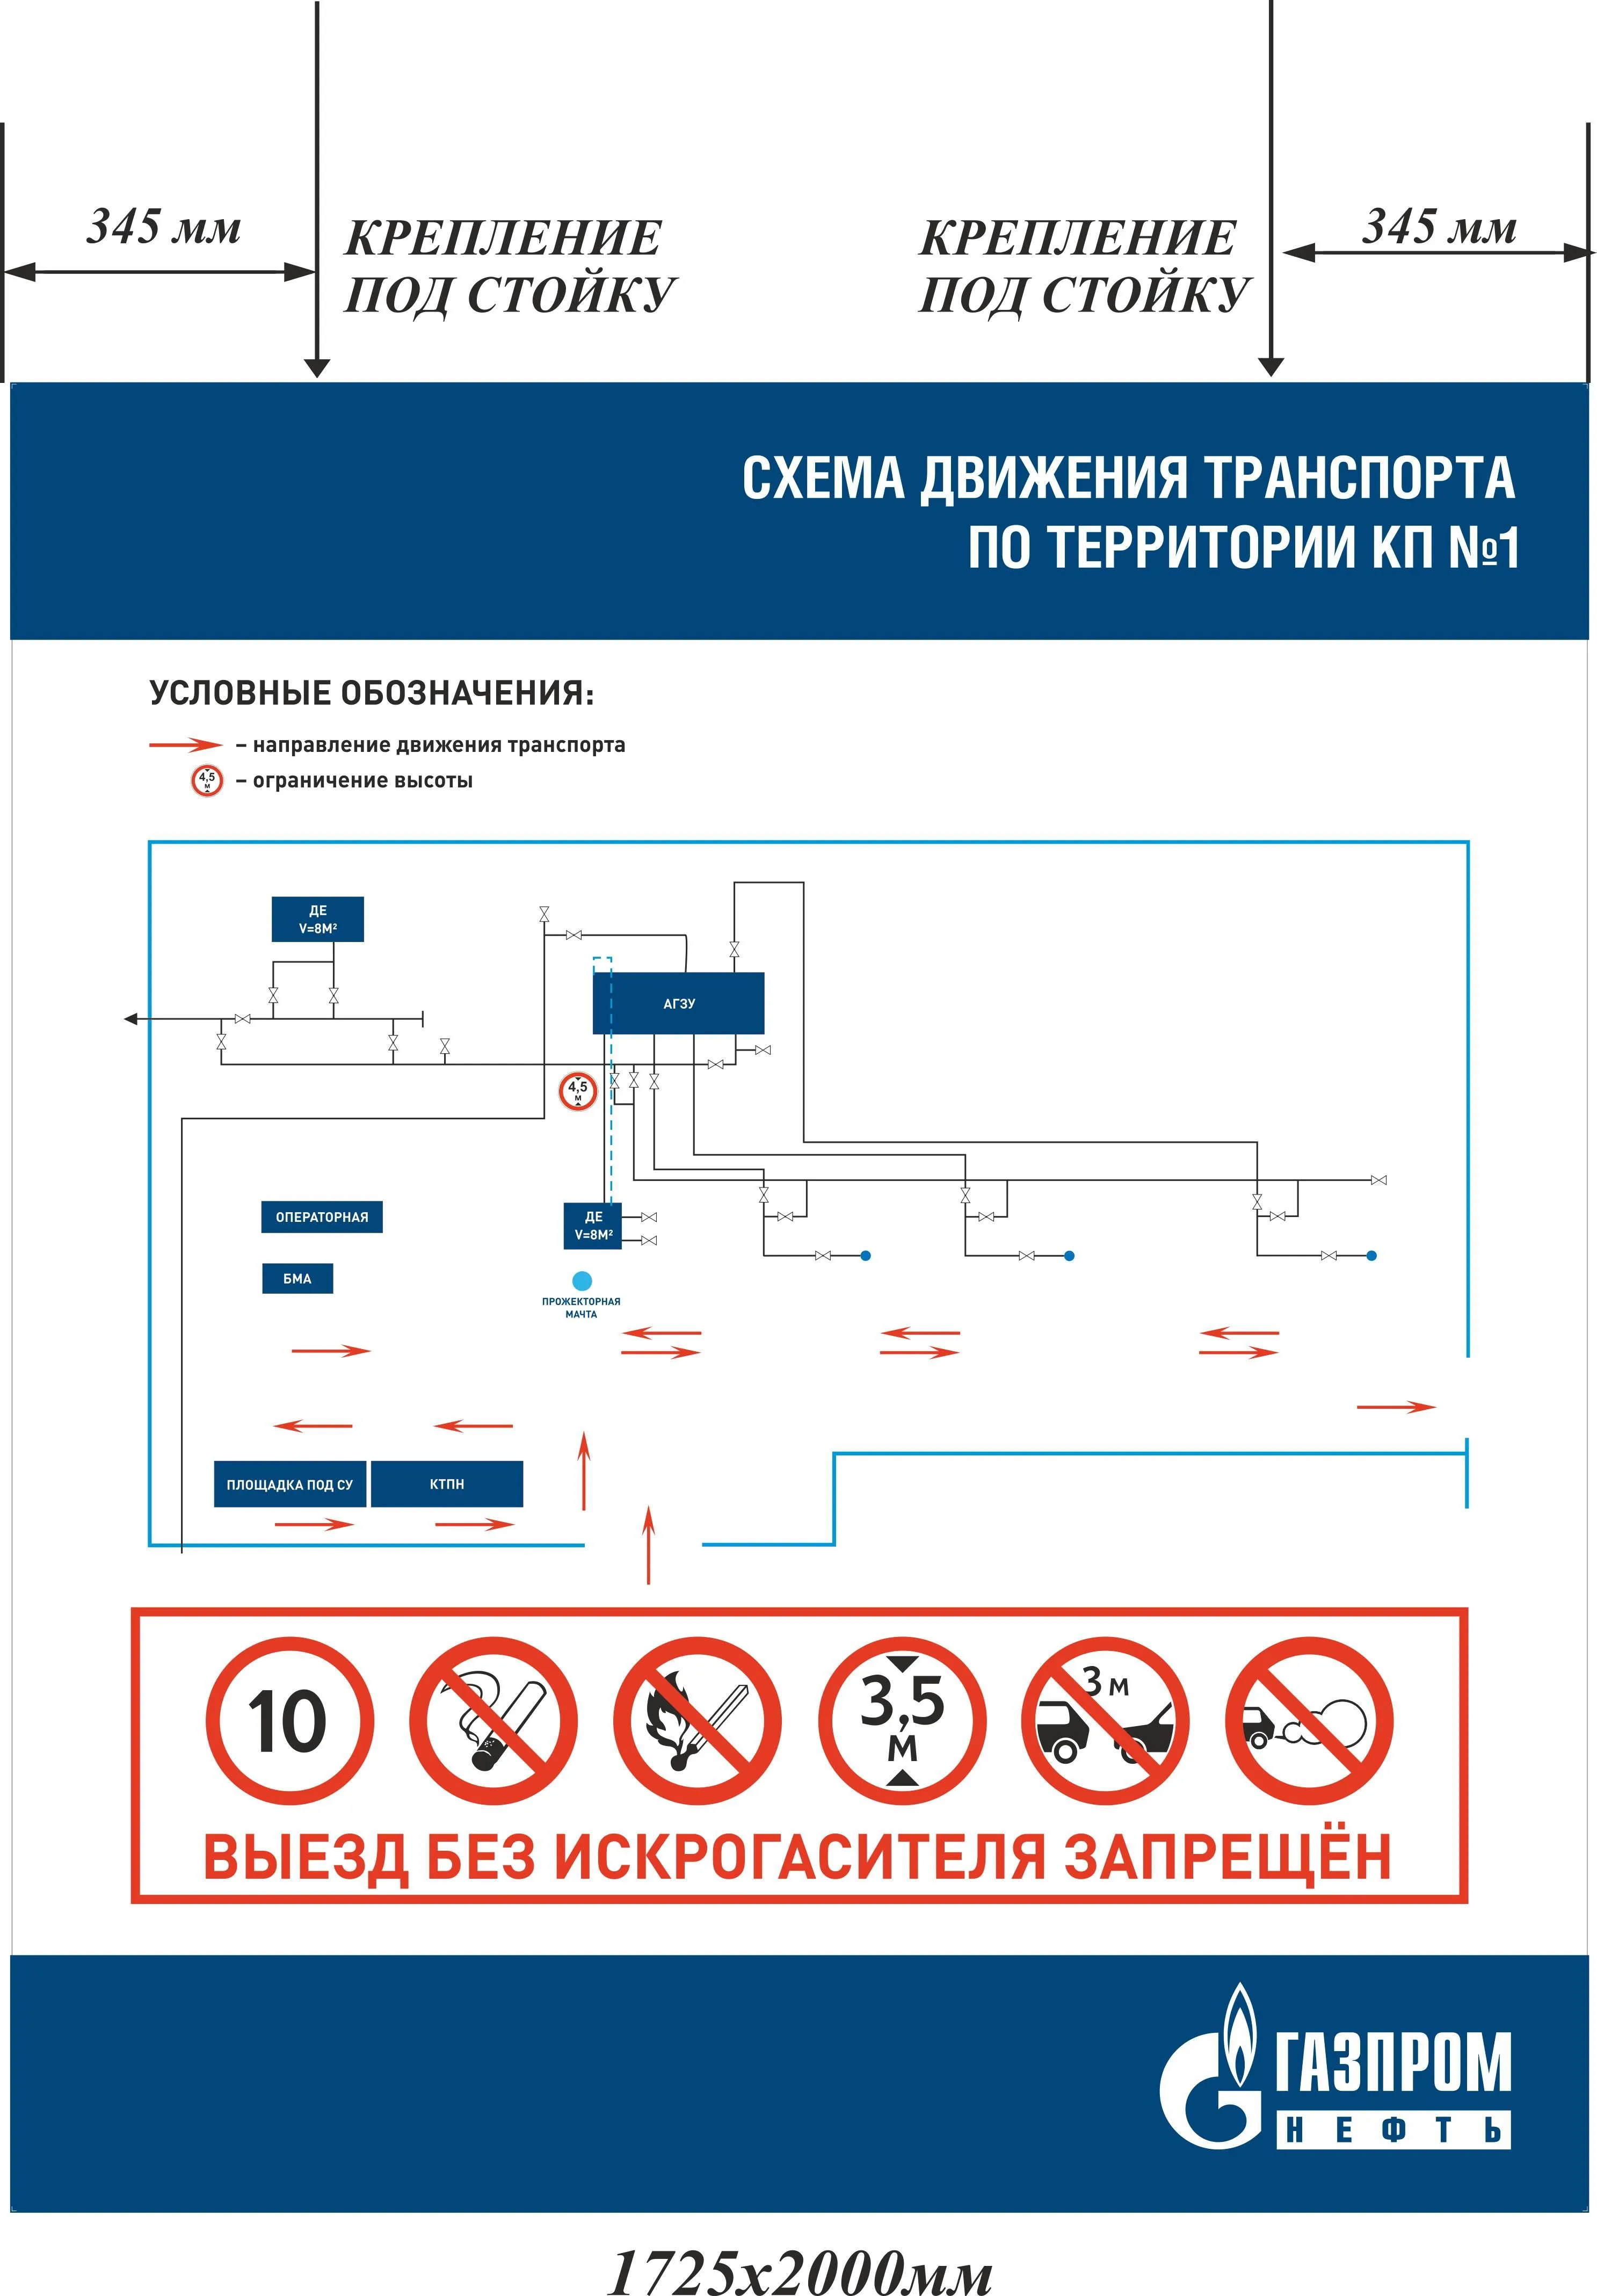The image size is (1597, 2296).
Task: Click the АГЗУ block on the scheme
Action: point(678,1003)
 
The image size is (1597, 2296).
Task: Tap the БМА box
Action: point(297,1279)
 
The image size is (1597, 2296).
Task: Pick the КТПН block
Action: point(446,1484)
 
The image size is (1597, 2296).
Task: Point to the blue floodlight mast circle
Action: point(581,1280)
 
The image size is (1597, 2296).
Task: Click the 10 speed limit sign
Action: point(289,1721)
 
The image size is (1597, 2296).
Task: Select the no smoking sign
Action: point(493,1721)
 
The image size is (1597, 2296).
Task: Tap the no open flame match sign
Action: point(697,1721)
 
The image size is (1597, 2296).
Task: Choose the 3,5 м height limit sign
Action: point(902,1721)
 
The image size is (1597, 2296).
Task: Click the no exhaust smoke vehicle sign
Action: point(1309,1721)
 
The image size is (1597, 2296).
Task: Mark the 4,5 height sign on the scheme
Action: point(578,1090)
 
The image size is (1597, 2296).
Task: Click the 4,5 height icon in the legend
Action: point(207,780)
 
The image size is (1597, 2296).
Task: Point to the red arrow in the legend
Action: point(185,745)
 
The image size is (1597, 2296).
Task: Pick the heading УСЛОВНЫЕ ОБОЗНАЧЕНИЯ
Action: point(371,693)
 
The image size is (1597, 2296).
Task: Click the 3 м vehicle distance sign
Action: point(1105,1721)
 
